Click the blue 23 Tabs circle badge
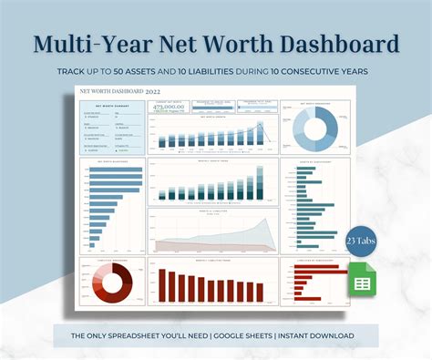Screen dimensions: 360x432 pos(359,241)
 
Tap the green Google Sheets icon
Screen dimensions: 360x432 pos(360,283)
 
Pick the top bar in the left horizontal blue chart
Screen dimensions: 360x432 pos(118,170)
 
